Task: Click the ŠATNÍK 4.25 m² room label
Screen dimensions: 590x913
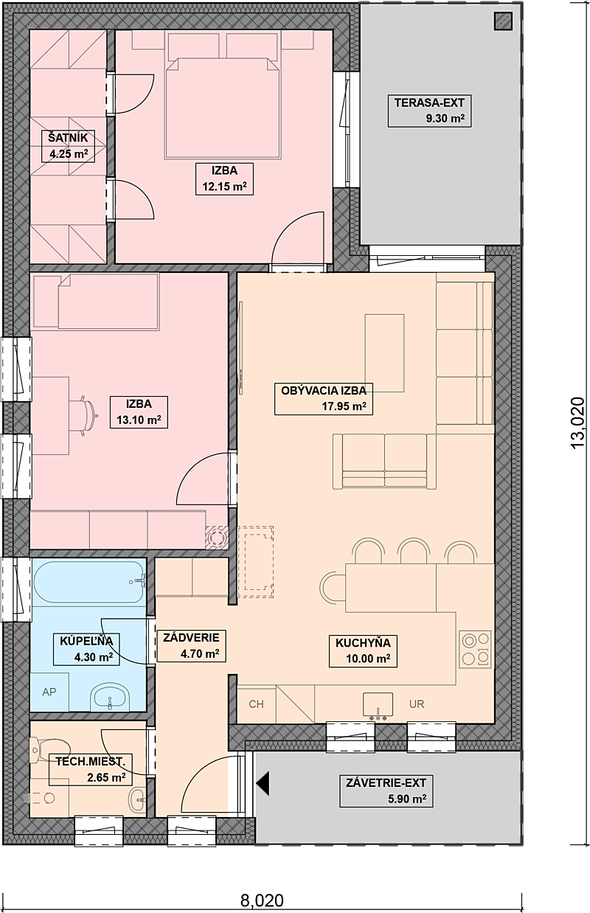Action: [69, 146]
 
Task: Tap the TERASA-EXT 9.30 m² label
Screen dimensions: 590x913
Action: [429, 111]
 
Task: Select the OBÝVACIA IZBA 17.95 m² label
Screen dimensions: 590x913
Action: [324, 399]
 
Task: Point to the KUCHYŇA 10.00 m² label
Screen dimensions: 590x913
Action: [363, 651]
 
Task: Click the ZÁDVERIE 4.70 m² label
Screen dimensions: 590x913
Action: [191, 645]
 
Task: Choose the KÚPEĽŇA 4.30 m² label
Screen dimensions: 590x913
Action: [86, 649]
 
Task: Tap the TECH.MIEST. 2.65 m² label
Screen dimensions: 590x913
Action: [91, 769]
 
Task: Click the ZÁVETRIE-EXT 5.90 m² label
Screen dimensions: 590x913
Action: [386, 791]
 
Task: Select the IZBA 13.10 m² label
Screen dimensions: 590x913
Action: [139, 412]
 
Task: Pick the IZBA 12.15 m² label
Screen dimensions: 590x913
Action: [224, 179]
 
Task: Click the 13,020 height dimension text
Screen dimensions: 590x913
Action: [577, 423]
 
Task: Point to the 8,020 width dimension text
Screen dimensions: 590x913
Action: [262, 900]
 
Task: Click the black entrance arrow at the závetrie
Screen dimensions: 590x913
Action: [263, 783]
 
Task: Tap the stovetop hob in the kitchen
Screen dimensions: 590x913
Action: [475, 649]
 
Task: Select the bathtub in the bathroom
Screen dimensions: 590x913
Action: [89, 582]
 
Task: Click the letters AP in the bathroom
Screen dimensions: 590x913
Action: [49, 692]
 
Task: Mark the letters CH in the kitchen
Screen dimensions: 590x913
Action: [256, 704]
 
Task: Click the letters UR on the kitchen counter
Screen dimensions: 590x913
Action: [417, 704]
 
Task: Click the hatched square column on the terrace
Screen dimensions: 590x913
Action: [503, 21]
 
